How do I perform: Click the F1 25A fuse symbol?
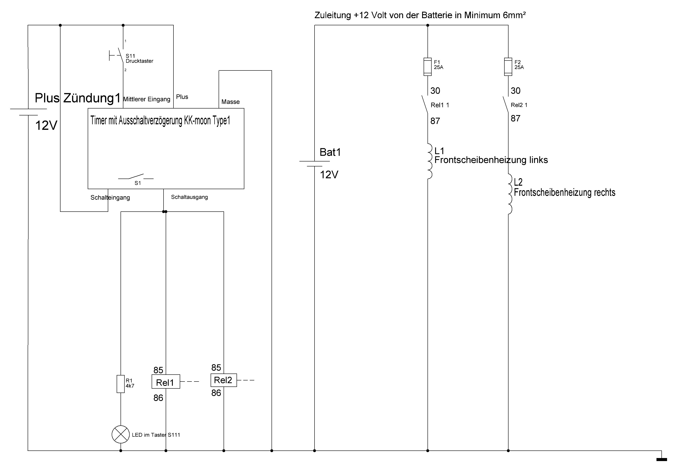[427, 67]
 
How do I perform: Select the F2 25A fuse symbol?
[508, 67]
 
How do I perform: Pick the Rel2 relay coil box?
[224, 380]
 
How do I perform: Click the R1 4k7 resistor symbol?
[121, 384]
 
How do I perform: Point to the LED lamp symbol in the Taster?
[121, 434]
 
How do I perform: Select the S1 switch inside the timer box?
[136, 177]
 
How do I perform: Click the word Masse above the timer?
[230, 102]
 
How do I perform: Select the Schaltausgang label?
[189, 197]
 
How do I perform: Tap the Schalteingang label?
[110, 198]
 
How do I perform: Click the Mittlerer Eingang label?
[146, 99]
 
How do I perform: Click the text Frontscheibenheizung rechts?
[564, 192]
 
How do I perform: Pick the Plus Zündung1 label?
[78, 98]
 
